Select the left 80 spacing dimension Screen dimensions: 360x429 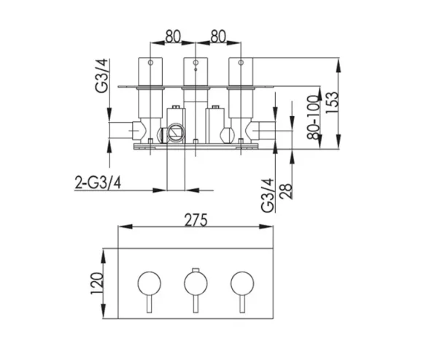172,34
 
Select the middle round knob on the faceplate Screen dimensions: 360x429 193,281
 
